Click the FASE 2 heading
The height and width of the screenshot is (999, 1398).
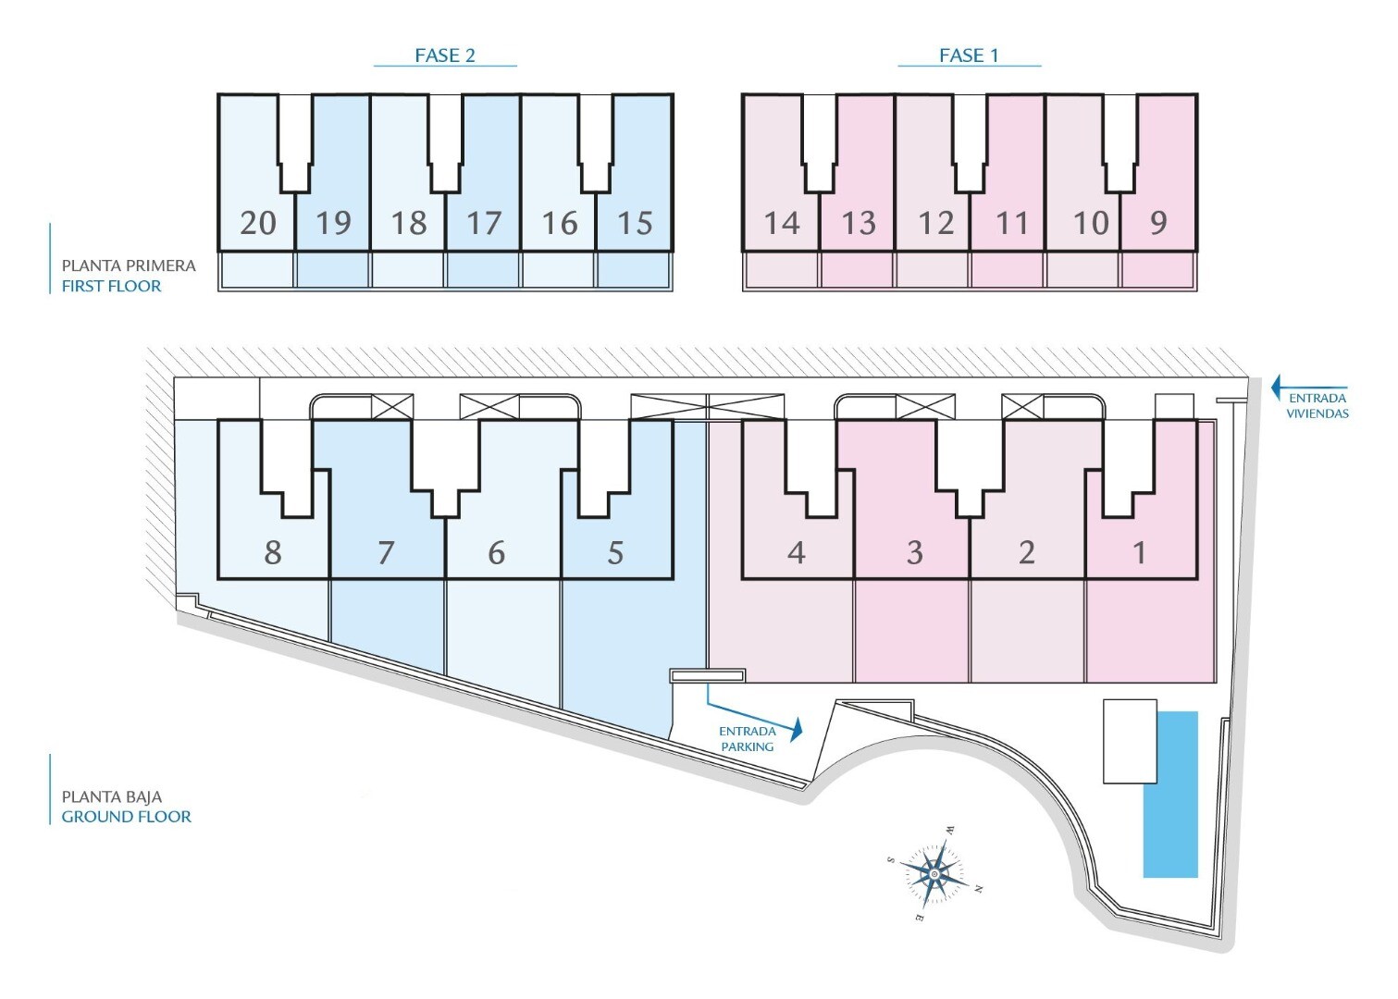(x=445, y=55)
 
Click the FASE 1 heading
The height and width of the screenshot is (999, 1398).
(x=969, y=55)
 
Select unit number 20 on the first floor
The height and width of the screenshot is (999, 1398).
(x=257, y=223)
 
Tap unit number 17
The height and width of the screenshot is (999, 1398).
(x=483, y=223)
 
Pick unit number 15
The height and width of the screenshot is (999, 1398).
(x=635, y=223)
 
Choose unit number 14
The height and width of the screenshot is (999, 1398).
(x=782, y=223)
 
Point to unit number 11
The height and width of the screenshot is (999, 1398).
(x=1011, y=223)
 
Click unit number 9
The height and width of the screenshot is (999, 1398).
(x=1158, y=223)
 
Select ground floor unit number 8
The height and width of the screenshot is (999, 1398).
(x=272, y=552)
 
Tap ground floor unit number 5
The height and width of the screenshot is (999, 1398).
(x=615, y=552)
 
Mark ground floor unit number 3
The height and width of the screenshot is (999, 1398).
(x=914, y=552)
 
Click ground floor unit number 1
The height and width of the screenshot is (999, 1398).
(x=1140, y=552)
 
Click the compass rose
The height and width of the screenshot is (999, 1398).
(x=934, y=873)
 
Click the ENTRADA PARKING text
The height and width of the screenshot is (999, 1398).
(x=748, y=739)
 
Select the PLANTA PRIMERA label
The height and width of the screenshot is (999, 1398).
(x=129, y=265)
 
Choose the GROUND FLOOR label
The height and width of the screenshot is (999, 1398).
(x=127, y=817)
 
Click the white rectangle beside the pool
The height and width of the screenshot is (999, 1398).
(x=1130, y=741)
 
